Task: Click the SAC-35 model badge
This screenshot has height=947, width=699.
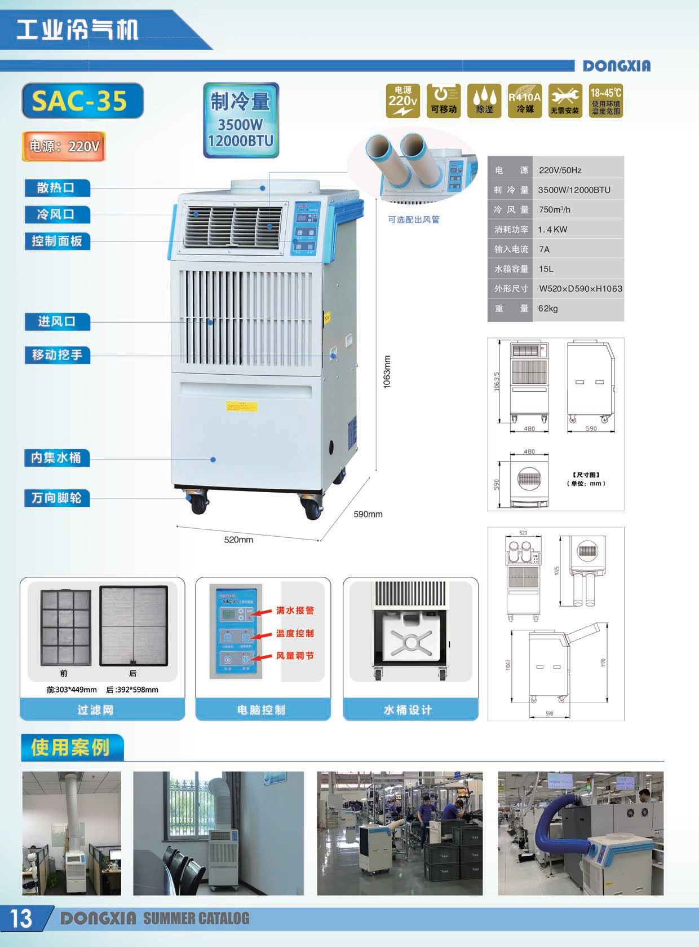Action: pos(82,101)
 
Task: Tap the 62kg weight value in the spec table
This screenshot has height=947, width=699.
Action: pos(548,309)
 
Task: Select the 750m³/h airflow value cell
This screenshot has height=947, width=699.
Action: pos(555,210)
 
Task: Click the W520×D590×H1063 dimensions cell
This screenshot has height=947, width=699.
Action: pos(580,289)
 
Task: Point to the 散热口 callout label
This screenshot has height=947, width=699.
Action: pos(57,188)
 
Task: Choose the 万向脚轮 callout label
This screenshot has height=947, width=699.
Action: pos(57,498)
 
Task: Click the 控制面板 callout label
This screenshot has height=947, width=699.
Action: pos(57,242)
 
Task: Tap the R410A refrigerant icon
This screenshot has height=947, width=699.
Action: pos(524,101)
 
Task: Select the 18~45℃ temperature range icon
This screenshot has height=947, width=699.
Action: pos(606,101)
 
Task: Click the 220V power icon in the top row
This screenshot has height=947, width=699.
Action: pos(402,101)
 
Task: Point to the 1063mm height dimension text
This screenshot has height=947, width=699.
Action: pos(387,371)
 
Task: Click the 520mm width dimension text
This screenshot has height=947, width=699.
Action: pos(238,540)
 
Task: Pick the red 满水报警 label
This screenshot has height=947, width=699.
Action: pos(295,611)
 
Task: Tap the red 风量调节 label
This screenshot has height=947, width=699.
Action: pos(295,656)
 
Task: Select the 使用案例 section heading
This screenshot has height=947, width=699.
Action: pos(71,747)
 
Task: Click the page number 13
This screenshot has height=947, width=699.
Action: pos(21,918)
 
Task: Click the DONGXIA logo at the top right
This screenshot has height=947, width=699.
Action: pos(616,66)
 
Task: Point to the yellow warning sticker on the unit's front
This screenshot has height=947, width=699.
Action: pos(241,406)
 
